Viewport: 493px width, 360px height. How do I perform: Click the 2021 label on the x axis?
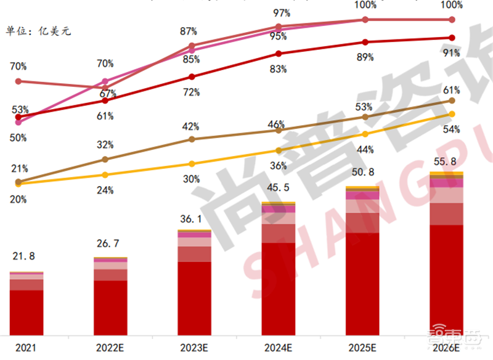pyautogui.click(x=26, y=348)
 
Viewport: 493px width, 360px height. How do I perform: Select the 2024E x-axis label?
pyautogui.click(x=279, y=348)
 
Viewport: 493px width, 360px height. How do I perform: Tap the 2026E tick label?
pyautogui.click(x=446, y=348)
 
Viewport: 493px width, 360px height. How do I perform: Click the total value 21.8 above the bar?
pyautogui.click(x=25, y=256)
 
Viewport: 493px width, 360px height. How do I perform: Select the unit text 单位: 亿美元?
pyautogui.click(x=38, y=30)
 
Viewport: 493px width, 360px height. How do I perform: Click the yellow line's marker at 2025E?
pyautogui.click(x=365, y=134)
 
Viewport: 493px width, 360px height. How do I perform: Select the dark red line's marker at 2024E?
pyautogui.click(x=279, y=54)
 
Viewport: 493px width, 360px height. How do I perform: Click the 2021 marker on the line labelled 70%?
pyautogui.click(x=18, y=81)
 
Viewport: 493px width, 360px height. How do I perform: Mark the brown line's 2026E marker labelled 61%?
pyautogui.click(x=452, y=100)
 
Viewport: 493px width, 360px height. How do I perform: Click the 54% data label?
pyautogui.click(x=452, y=129)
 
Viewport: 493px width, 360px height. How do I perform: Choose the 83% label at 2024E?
pyautogui.click(x=278, y=69)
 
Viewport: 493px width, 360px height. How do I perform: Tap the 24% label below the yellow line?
pyautogui.click(x=105, y=190)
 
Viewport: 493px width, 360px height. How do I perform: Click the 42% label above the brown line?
pyautogui.click(x=191, y=126)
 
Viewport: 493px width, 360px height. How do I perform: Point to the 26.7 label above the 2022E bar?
pyautogui.click(x=110, y=244)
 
